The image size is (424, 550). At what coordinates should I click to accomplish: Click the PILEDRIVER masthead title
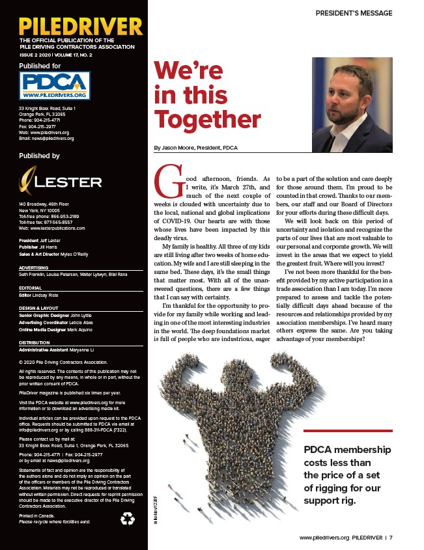pos(81,26)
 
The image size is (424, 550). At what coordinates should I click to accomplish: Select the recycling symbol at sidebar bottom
pos(128,519)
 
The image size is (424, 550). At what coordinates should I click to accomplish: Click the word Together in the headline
pos(207,119)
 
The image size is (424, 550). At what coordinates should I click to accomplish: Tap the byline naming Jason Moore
pos(195,148)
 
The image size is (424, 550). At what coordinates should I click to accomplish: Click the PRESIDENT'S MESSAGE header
pos(354,13)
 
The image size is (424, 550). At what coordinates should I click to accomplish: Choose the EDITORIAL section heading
pos(31,288)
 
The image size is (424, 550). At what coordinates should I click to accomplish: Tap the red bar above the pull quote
pos(348,430)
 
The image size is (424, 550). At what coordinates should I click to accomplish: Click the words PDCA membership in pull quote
pos(347,450)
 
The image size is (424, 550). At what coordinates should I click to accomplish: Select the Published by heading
pos(39,156)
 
